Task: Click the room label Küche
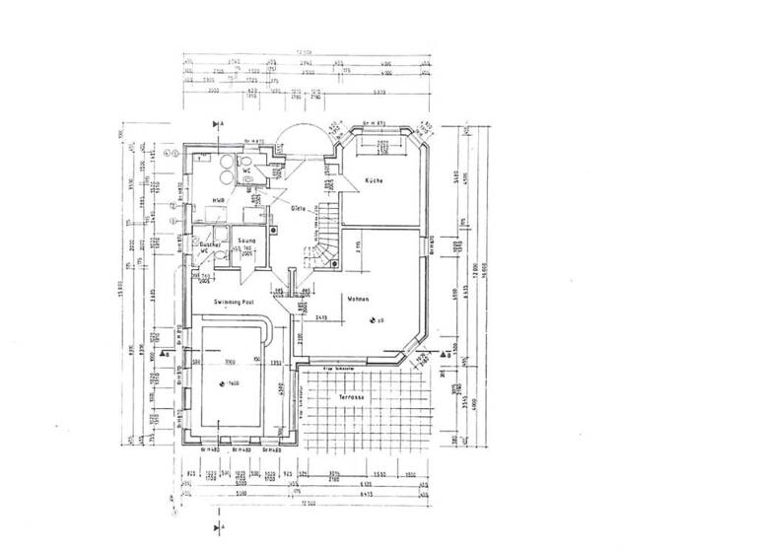pyautogui.click(x=373, y=182)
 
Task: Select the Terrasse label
pyautogui.click(x=351, y=396)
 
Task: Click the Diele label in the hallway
pyautogui.click(x=298, y=208)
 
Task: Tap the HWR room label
pyautogui.click(x=218, y=201)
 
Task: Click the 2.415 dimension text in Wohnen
pyautogui.click(x=321, y=318)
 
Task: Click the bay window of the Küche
pyautogui.click(x=378, y=144)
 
